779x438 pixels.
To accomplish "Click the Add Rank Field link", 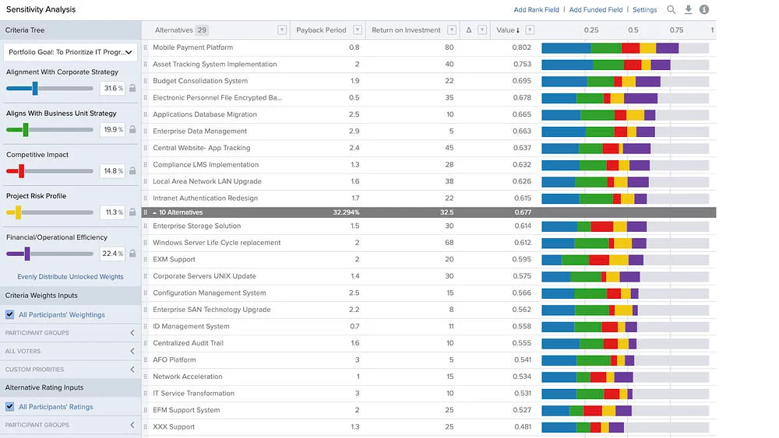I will (536, 10).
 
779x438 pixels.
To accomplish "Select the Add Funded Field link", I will (596, 10).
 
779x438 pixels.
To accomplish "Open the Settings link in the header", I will (644, 10).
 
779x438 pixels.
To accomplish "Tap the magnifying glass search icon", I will (671, 9).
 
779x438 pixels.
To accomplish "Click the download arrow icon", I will (688, 9).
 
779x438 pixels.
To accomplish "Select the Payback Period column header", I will (321, 30).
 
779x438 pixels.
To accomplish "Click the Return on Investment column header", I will (406, 30).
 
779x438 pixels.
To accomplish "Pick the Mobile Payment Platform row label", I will (192, 47).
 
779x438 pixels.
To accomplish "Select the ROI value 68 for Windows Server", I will (449, 243).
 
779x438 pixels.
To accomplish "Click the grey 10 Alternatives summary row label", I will (181, 212).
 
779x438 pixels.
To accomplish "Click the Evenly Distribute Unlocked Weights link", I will (70, 277).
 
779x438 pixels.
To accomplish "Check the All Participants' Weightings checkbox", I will (9, 315).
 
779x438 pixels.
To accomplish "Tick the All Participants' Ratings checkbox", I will (9, 407).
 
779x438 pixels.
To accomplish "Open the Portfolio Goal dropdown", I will (70, 52).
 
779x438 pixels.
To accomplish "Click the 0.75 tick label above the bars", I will (676, 30).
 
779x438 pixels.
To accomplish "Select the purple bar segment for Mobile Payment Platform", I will (667, 47).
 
